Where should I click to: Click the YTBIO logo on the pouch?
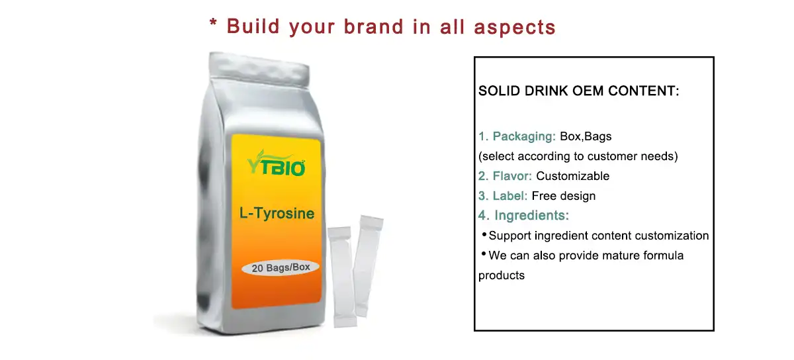click(277, 163)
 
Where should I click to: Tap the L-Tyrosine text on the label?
click(277, 214)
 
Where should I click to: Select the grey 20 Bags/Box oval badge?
click(281, 268)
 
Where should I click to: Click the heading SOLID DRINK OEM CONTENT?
click(579, 91)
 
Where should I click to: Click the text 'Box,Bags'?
click(586, 137)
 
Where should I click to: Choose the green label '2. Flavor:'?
click(506, 176)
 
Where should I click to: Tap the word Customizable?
click(573, 176)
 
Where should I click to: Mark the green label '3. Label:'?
click(503, 196)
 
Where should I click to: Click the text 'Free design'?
click(564, 196)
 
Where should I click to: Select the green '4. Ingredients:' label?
click(524, 216)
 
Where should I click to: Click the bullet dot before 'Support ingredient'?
click(484, 234)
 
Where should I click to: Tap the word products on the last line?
click(502, 275)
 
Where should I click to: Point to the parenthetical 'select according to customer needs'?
click(578, 157)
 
